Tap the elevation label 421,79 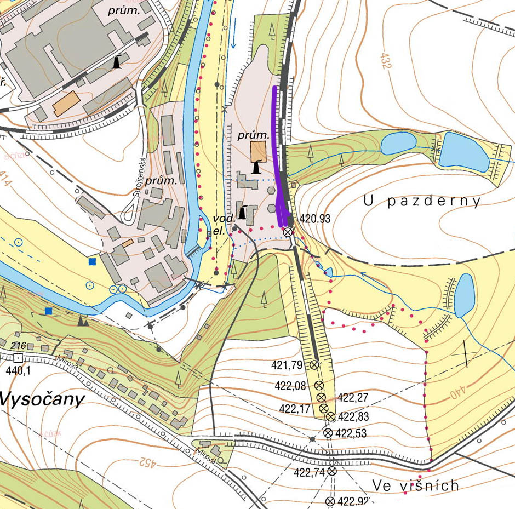click(x=291, y=364)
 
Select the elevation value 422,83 click(x=354, y=417)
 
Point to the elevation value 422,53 click(x=351, y=433)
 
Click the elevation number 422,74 click(x=310, y=472)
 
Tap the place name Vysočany click(x=42, y=399)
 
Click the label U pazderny click(x=422, y=201)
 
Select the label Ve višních click(x=415, y=485)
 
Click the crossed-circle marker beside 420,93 click(x=287, y=232)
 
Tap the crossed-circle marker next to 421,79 click(x=314, y=365)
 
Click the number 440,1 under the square click(x=18, y=370)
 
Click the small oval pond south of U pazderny click(x=465, y=294)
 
